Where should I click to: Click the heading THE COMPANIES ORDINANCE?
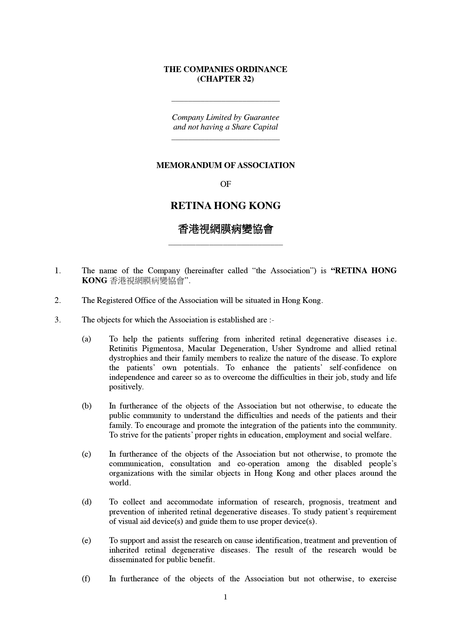[225, 69]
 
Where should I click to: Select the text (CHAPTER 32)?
[225, 79]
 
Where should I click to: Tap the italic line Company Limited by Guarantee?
[225, 117]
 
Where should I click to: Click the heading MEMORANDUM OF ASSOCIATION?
[225, 165]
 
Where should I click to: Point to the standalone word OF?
[225, 184]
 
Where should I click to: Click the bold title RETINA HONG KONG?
[225, 206]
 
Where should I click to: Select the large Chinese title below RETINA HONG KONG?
[225, 229]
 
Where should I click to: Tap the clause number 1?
[58, 271]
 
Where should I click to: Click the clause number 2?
[58, 301]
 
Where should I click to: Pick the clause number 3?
[58, 320]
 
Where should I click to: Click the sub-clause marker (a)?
[86, 339]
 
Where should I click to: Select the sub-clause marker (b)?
[87, 406]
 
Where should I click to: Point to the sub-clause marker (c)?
[86, 454]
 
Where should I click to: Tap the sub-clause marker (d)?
[87, 502]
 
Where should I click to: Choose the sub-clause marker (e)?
[86, 541]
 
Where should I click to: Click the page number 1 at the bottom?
[225, 597]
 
